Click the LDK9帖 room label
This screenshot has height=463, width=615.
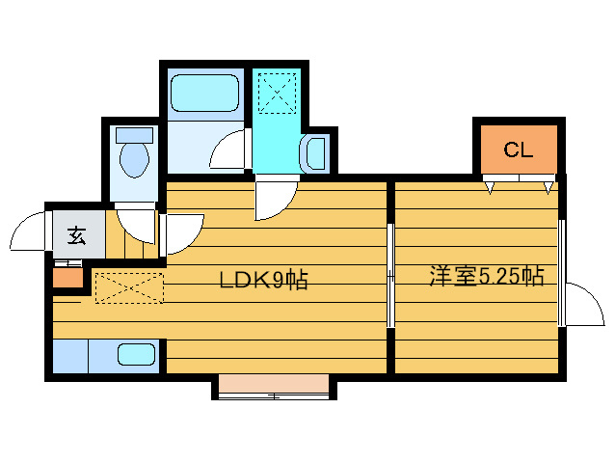(263, 281)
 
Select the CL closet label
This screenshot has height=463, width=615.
(518, 150)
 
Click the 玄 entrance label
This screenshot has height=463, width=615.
(75, 234)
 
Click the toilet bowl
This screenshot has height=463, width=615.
(133, 158)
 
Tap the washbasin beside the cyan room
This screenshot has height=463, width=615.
(315, 153)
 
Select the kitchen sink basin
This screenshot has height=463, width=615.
(138, 354)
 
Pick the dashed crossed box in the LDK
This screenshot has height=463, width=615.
(129, 287)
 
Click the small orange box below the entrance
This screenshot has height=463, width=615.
(67, 280)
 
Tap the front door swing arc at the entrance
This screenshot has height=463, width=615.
(27, 232)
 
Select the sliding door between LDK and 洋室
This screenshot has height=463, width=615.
(390, 276)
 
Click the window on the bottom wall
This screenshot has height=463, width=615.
(274, 388)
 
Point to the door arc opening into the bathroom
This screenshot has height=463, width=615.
(228, 150)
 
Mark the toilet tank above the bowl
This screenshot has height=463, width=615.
(133, 134)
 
